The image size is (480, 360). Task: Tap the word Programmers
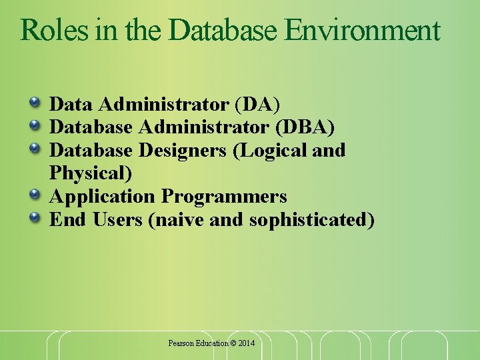tap(224, 196)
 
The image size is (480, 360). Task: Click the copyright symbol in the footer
tap(233, 343)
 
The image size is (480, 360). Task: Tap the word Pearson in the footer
tap(181, 343)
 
